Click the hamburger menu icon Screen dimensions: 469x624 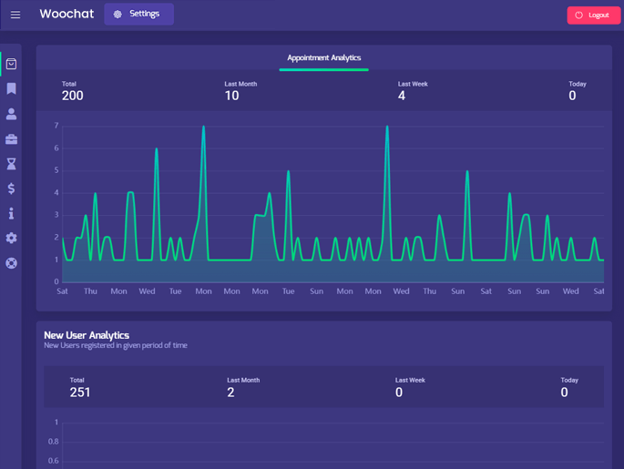click(x=15, y=15)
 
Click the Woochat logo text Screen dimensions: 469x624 click(x=66, y=15)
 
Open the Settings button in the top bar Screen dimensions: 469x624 click(x=138, y=15)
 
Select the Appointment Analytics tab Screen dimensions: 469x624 click(x=323, y=58)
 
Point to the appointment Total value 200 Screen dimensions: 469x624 click(x=72, y=96)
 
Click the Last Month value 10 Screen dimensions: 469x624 click(x=231, y=96)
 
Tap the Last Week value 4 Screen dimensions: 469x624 click(x=402, y=96)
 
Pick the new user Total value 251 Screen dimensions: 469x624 click(x=80, y=393)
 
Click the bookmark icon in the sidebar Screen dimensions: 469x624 click(x=11, y=89)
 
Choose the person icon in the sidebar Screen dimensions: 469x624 click(x=11, y=114)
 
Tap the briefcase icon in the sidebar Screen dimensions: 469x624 click(x=11, y=139)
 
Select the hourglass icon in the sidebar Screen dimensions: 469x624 click(x=11, y=164)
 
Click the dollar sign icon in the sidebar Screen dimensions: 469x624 click(x=11, y=189)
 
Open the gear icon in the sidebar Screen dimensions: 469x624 click(x=11, y=238)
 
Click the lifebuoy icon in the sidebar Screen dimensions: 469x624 click(x=11, y=263)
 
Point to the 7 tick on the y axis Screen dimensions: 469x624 click(x=56, y=126)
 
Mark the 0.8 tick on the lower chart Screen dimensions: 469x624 click(x=53, y=442)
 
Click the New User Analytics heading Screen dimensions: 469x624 click(x=87, y=335)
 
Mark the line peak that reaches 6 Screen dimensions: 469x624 click(x=157, y=148)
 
